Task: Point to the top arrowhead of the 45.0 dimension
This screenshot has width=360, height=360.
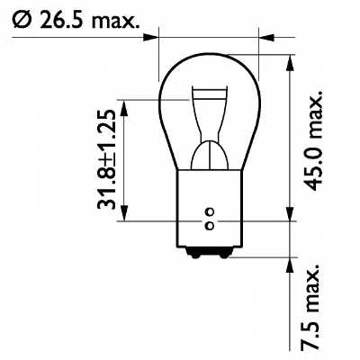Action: coord(290,66)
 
